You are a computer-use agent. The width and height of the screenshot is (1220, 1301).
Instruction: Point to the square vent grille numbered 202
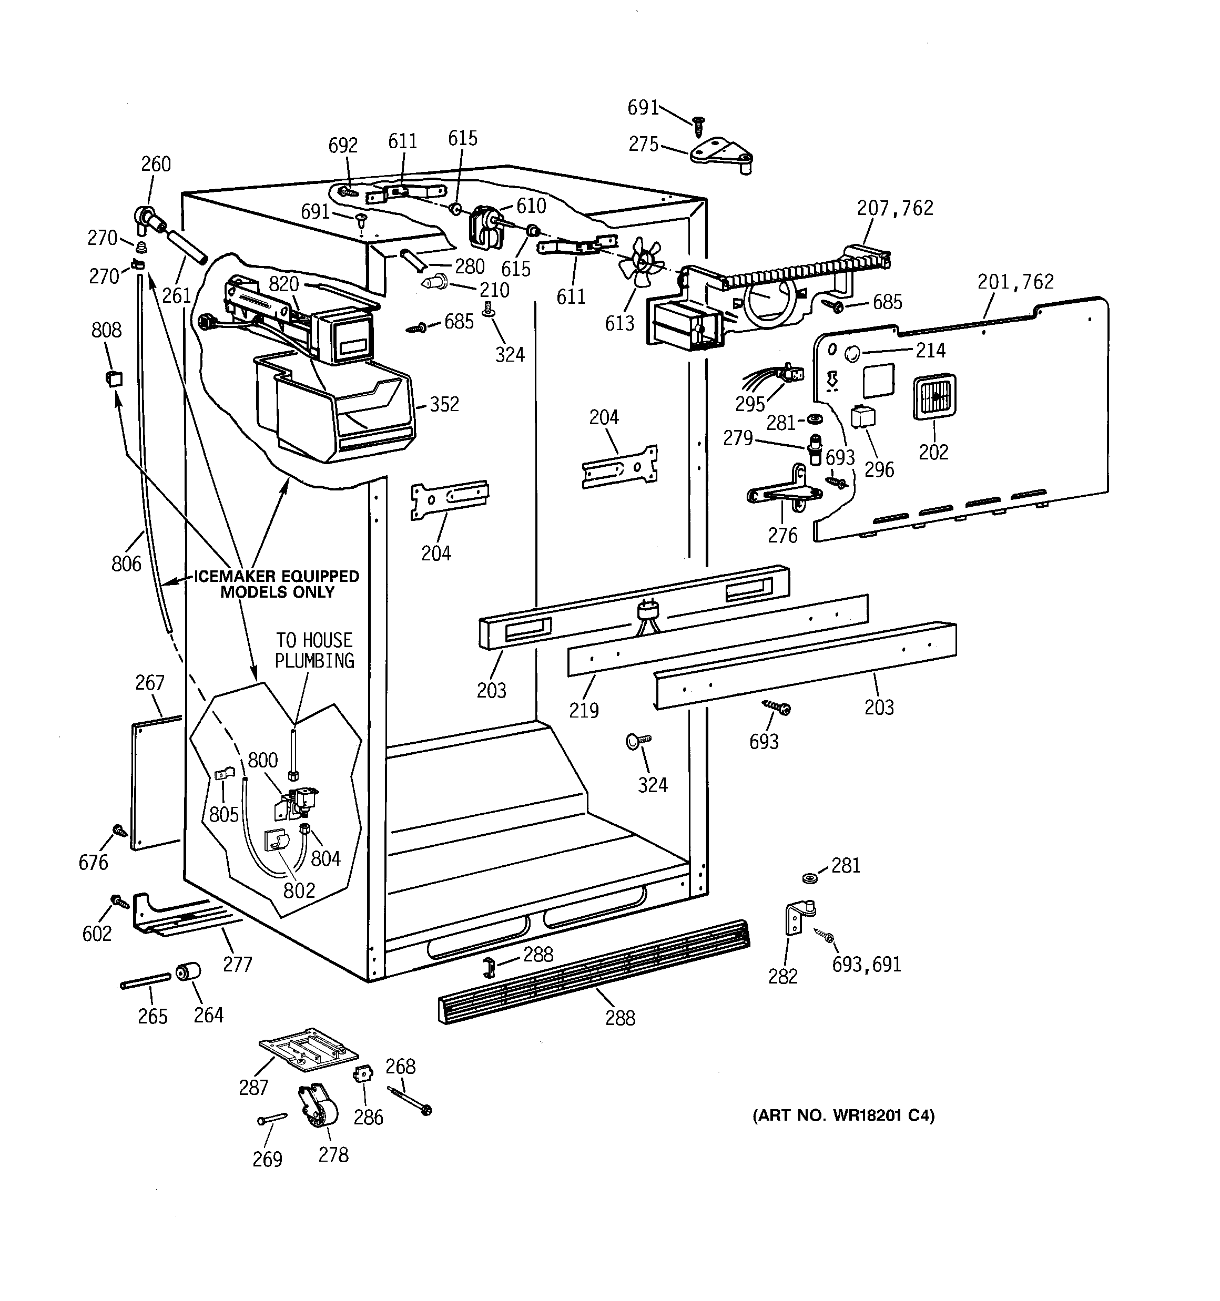[934, 396]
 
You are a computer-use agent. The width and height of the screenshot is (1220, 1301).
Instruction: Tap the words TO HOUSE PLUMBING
[314, 651]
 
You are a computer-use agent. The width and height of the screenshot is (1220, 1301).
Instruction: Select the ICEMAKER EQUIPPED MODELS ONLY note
[277, 585]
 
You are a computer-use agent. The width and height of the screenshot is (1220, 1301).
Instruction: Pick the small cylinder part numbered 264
[187, 973]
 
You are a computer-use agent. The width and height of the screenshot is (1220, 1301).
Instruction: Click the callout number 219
[584, 710]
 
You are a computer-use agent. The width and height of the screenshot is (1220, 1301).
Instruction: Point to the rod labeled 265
[145, 981]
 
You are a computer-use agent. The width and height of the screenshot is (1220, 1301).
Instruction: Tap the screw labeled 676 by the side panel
[120, 830]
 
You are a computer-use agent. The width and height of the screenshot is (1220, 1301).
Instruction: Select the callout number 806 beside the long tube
[126, 564]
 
